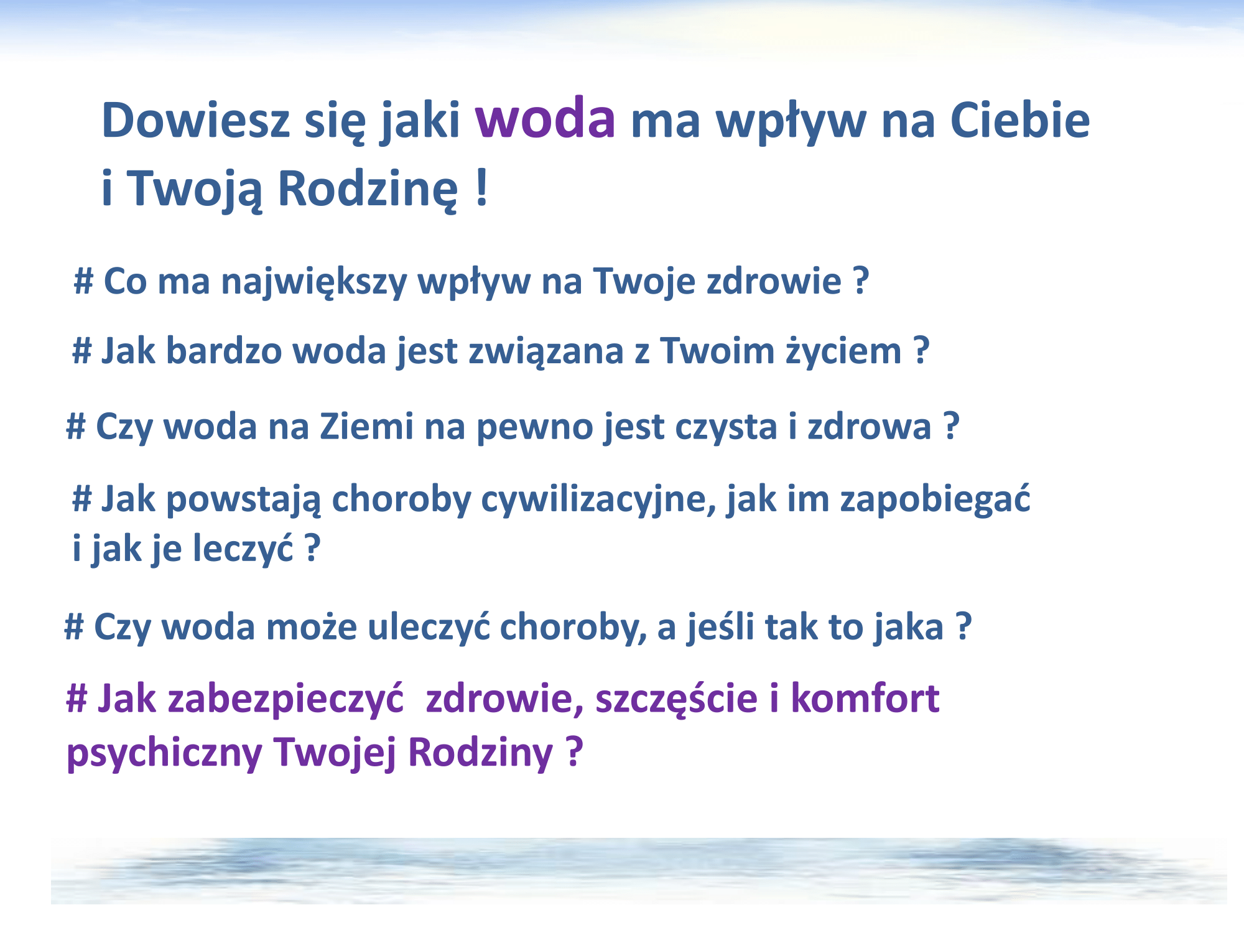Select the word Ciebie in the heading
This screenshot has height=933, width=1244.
coord(1020,119)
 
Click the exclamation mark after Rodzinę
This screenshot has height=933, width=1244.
coord(481,188)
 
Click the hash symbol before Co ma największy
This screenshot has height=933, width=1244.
coord(83,281)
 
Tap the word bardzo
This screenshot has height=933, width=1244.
coord(224,351)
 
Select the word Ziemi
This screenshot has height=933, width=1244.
coord(366,427)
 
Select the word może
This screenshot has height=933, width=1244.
coord(312,628)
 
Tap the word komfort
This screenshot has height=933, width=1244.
coord(865,699)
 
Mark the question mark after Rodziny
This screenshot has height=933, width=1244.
coord(575,751)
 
